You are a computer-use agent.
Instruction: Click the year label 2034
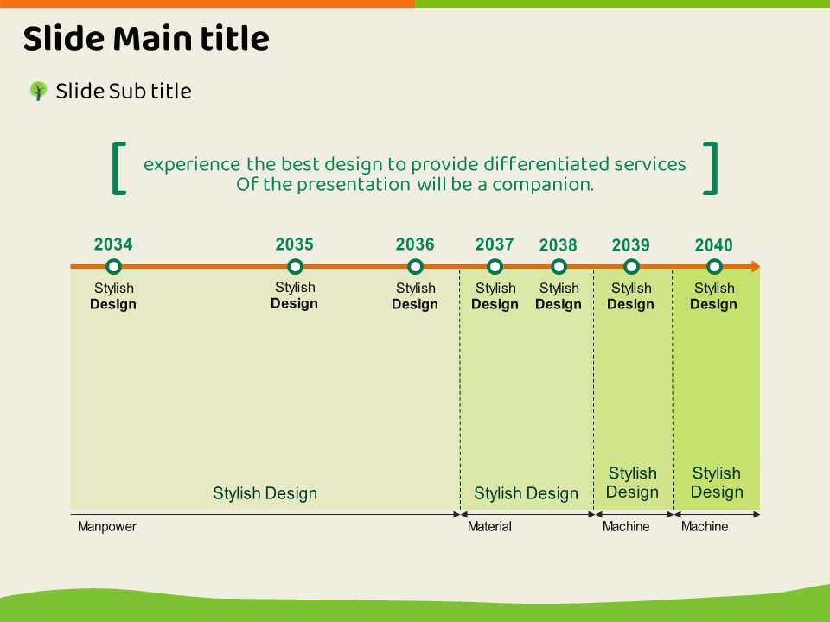[113, 244]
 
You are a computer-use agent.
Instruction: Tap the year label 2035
[295, 244]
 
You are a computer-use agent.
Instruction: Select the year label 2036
[415, 244]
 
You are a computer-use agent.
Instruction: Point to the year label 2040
[713, 245]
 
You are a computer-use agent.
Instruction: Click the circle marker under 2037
[495, 267]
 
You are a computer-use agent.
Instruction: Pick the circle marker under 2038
[559, 267]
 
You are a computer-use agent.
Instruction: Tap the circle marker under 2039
[631, 267]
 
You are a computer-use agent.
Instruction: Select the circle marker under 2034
[113, 267]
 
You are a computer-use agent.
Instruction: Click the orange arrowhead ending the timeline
[756, 267]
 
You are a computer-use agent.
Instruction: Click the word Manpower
[107, 526]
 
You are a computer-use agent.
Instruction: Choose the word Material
[489, 526]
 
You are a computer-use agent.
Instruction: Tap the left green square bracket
[119, 168]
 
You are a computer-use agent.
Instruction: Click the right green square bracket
[711, 168]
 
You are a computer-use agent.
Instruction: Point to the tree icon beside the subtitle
[38, 91]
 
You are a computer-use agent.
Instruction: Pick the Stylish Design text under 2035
[295, 295]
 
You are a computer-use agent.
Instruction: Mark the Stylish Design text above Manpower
[265, 493]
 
